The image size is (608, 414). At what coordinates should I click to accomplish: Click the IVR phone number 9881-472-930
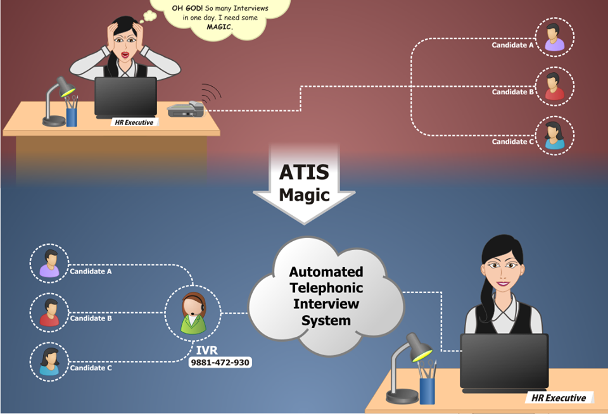pos(220,363)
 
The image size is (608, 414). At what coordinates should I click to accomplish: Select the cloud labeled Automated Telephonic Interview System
pos(326,296)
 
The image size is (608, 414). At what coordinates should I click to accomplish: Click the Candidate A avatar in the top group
pos(555,37)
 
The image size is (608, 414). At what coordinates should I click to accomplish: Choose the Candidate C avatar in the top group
pos(555,135)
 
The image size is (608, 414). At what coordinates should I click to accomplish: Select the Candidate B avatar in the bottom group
pos(49,312)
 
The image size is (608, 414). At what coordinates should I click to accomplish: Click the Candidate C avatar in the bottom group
pos(49,361)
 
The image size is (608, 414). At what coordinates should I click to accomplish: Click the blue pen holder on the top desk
pos(72,115)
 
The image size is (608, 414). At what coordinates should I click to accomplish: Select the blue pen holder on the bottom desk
pos(427,388)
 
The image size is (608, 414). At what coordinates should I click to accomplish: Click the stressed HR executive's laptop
pos(125,96)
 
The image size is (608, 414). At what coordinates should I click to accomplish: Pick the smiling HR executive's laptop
pos(504,361)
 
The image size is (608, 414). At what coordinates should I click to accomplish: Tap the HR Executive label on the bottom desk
pos(559,398)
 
